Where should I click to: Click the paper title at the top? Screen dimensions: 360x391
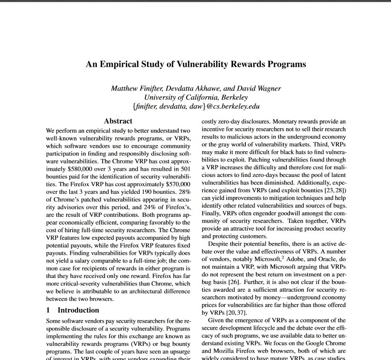click(195, 64)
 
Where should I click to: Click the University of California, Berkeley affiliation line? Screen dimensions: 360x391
click(195, 97)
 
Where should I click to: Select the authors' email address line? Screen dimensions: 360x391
click(195, 106)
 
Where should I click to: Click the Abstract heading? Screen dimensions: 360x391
click(118, 121)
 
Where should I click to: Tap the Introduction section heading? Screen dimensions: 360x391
click(78, 310)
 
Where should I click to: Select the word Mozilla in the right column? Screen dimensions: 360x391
click(214, 351)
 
